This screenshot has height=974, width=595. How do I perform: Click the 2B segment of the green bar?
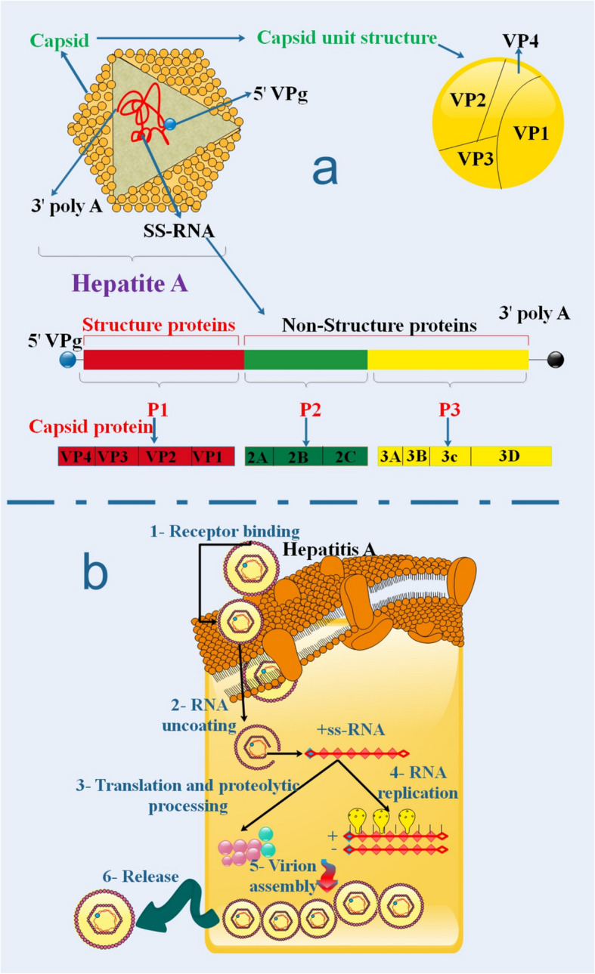click(x=297, y=456)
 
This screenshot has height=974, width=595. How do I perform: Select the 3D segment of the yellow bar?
click(x=510, y=456)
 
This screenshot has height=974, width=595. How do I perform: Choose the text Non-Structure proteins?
click(x=380, y=326)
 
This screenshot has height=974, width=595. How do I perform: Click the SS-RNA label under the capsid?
click(x=178, y=231)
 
